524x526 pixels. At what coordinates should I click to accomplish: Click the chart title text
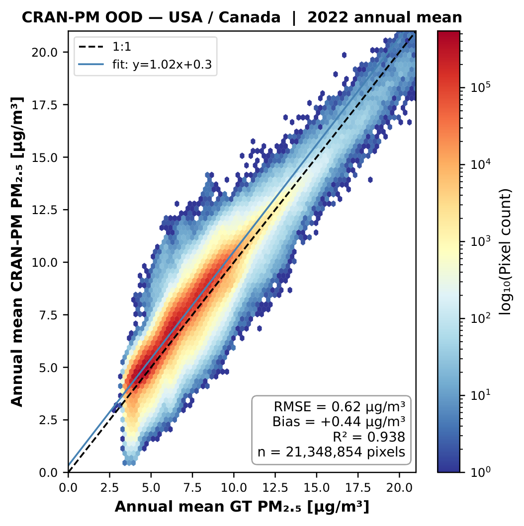(x=242, y=18)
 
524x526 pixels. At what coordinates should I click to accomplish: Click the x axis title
(x=242, y=507)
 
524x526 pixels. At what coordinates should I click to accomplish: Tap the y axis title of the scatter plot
(x=17, y=251)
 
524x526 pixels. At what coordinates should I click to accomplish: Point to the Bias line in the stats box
(x=339, y=422)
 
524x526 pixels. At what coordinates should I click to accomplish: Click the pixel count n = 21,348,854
(x=331, y=452)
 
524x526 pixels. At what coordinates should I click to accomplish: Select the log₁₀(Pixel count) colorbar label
(x=507, y=251)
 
